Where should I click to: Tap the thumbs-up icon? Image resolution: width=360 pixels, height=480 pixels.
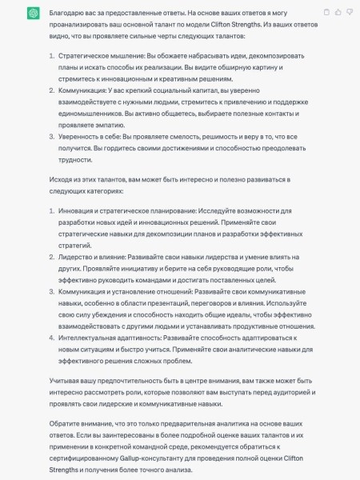(x=338, y=13)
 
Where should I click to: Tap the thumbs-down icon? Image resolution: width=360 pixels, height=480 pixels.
(x=349, y=13)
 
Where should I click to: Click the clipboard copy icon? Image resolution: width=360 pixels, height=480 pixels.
(x=326, y=13)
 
